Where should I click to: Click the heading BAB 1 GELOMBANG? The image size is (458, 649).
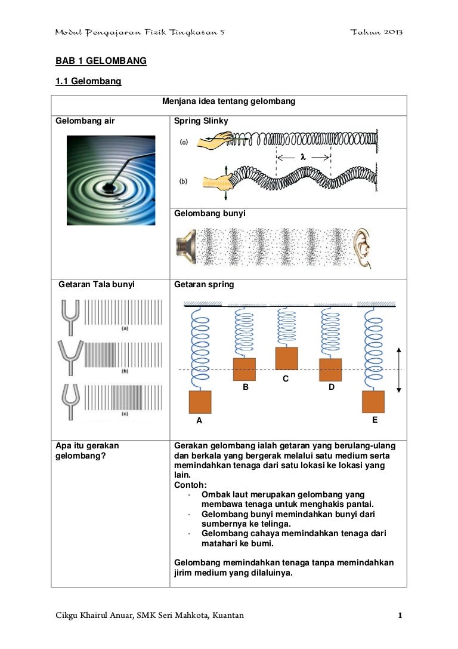tap(101, 61)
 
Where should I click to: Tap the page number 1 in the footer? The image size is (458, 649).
tap(400, 616)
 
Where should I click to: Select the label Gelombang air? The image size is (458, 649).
tap(85, 121)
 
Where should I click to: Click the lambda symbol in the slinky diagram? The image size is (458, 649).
tap(303, 157)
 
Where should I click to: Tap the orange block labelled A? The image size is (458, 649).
tap(200, 402)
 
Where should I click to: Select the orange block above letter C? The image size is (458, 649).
tap(286, 358)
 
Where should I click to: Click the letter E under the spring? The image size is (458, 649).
tap(375, 420)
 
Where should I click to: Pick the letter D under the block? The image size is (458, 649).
tap(332, 387)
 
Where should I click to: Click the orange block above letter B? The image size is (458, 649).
tap(245, 369)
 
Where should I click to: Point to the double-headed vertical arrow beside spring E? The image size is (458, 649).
tap(398, 370)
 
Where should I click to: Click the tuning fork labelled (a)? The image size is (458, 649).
tap(70, 318)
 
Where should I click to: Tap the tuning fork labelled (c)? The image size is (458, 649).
tap(70, 402)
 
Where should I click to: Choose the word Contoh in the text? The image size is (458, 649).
tap(189, 485)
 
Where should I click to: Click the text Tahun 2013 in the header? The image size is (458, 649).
tap(376, 32)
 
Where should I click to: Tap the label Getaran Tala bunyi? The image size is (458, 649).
tap(97, 284)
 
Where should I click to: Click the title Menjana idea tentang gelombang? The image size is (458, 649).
tap(228, 101)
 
